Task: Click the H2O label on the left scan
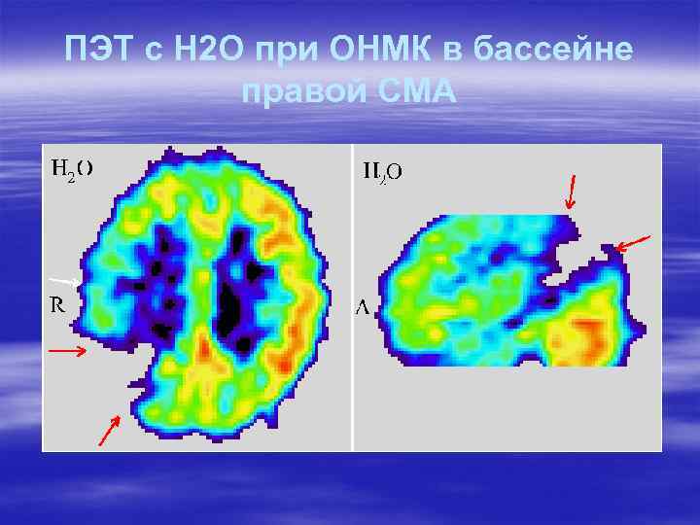pos(72,168)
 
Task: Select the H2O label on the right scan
pos(382,172)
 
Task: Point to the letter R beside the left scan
pos(57,304)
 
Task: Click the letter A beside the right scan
pos(362,308)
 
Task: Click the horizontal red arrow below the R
pos(67,348)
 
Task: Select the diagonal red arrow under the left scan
pos(108,431)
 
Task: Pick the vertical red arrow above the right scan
pos(571,192)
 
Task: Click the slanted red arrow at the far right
pos(634,243)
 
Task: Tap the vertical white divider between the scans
pos(352,297)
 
